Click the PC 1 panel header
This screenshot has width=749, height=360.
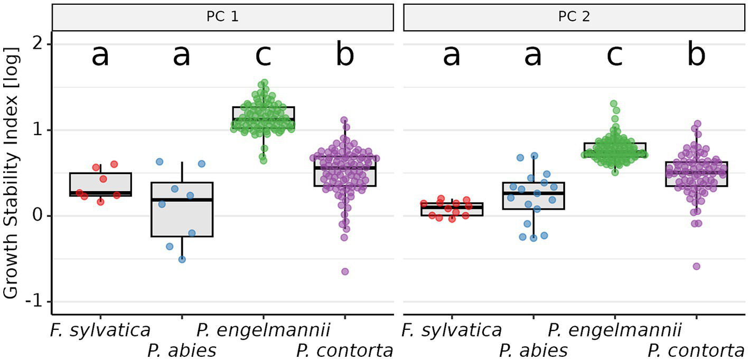222,17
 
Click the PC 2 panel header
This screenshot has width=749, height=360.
574,17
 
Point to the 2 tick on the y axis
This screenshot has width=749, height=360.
37,45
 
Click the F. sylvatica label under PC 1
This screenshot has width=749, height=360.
100,331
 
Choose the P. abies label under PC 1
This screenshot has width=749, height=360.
182,350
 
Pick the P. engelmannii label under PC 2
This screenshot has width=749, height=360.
615,331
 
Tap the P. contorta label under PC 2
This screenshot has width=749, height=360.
696,350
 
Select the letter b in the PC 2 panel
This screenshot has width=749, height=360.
696,55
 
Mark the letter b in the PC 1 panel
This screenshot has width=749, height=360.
344,55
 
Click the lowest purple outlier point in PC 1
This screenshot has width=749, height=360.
345,271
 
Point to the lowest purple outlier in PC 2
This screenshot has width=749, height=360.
697,266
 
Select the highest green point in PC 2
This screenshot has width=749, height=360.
614,104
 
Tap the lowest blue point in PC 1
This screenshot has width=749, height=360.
182,259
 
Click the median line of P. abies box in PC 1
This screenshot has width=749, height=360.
182,200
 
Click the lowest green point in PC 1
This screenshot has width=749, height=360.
263,160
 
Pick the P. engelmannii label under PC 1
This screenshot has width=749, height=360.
263,331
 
